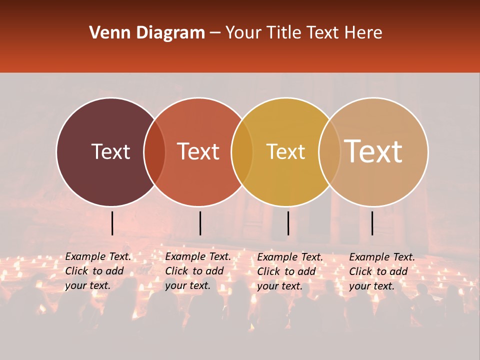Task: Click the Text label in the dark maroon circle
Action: click(110, 151)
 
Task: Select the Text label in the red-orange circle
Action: click(198, 151)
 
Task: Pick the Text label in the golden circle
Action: click(286, 151)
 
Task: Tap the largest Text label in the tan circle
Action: click(373, 151)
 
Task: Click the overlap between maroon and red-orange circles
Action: click(154, 152)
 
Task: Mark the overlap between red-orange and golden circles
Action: click(242, 152)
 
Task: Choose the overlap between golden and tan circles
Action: click(329, 152)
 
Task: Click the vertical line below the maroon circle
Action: click(112, 223)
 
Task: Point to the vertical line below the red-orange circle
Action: click(200, 223)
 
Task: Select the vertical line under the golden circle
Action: click(288, 223)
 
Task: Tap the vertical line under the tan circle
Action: click(372, 223)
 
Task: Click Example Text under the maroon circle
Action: click(98, 257)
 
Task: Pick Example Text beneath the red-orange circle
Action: click(198, 257)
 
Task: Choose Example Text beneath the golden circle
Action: click(290, 257)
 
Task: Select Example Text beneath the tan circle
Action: click(382, 257)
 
